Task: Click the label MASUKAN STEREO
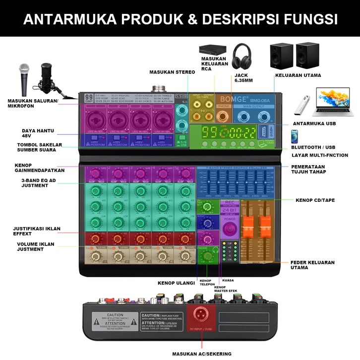tap(172, 72)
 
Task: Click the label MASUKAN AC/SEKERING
tap(201, 354)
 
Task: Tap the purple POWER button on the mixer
tap(229, 229)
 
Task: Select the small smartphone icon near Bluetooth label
tap(294, 136)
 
